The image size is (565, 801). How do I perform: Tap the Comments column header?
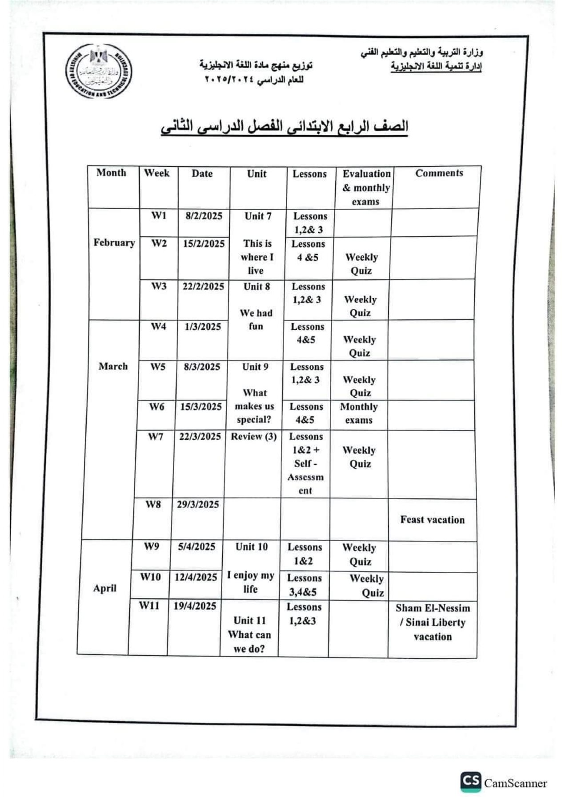pyautogui.click(x=439, y=173)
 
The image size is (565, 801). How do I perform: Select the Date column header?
pyautogui.click(x=202, y=174)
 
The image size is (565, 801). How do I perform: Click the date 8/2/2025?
pyautogui.click(x=204, y=216)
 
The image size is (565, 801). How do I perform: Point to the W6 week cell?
pyautogui.click(x=156, y=407)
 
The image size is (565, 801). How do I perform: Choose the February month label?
pyautogui.click(x=114, y=243)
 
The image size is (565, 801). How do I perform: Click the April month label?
pyautogui.click(x=104, y=588)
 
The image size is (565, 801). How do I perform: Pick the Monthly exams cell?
pyautogui.click(x=359, y=413)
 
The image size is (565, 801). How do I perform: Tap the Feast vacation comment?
pyautogui.click(x=432, y=520)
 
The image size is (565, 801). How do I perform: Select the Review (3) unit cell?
pyautogui.click(x=253, y=437)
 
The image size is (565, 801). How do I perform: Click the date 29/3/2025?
pyautogui.click(x=198, y=505)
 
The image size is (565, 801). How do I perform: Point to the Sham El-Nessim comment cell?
pyautogui.click(x=433, y=622)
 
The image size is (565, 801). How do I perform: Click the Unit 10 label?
pyautogui.click(x=252, y=547)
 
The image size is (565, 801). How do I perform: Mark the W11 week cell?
pyautogui.click(x=148, y=606)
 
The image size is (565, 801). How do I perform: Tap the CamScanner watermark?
pyautogui.click(x=504, y=783)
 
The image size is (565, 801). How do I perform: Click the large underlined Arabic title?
pyautogui.click(x=285, y=127)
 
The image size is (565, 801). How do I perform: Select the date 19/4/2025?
pyautogui.click(x=195, y=606)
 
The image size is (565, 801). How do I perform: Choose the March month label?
pyautogui.click(x=113, y=367)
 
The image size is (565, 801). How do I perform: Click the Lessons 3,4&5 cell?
pyautogui.click(x=304, y=585)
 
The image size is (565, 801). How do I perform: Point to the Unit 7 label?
pyautogui.click(x=258, y=216)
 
